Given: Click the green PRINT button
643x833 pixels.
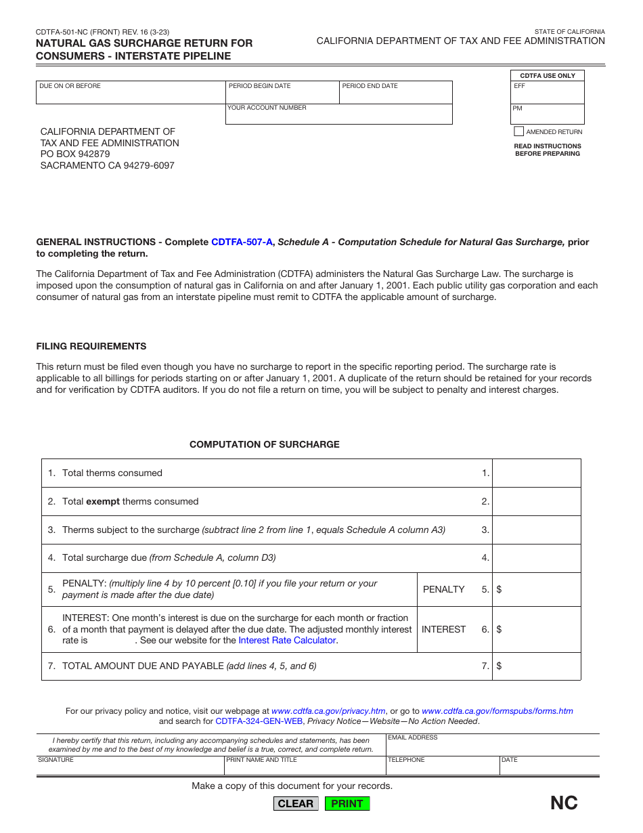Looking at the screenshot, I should (347, 804).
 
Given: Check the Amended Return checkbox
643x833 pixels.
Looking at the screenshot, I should (519, 131).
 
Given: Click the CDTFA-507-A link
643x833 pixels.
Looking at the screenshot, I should (242, 242).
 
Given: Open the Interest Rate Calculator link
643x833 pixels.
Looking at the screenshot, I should (287, 640).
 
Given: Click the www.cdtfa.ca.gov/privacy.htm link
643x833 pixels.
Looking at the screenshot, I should (328, 711).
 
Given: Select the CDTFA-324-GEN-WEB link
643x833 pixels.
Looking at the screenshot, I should (259, 721).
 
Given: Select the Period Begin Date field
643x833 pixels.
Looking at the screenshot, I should (282, 95).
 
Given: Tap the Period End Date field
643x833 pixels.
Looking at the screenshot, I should (395, 95).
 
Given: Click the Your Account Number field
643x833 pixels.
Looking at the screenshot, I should (338, 116).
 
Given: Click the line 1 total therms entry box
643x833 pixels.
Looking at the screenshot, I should (536, 473).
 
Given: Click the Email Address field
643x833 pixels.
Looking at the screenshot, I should (493, 748).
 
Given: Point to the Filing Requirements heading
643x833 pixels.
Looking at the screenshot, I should (91, 346).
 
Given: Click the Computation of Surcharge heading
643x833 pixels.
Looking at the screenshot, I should (265, 445).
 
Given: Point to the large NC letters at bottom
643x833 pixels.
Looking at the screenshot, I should (564, 803).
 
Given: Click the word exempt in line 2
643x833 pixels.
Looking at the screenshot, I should (103, 502).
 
